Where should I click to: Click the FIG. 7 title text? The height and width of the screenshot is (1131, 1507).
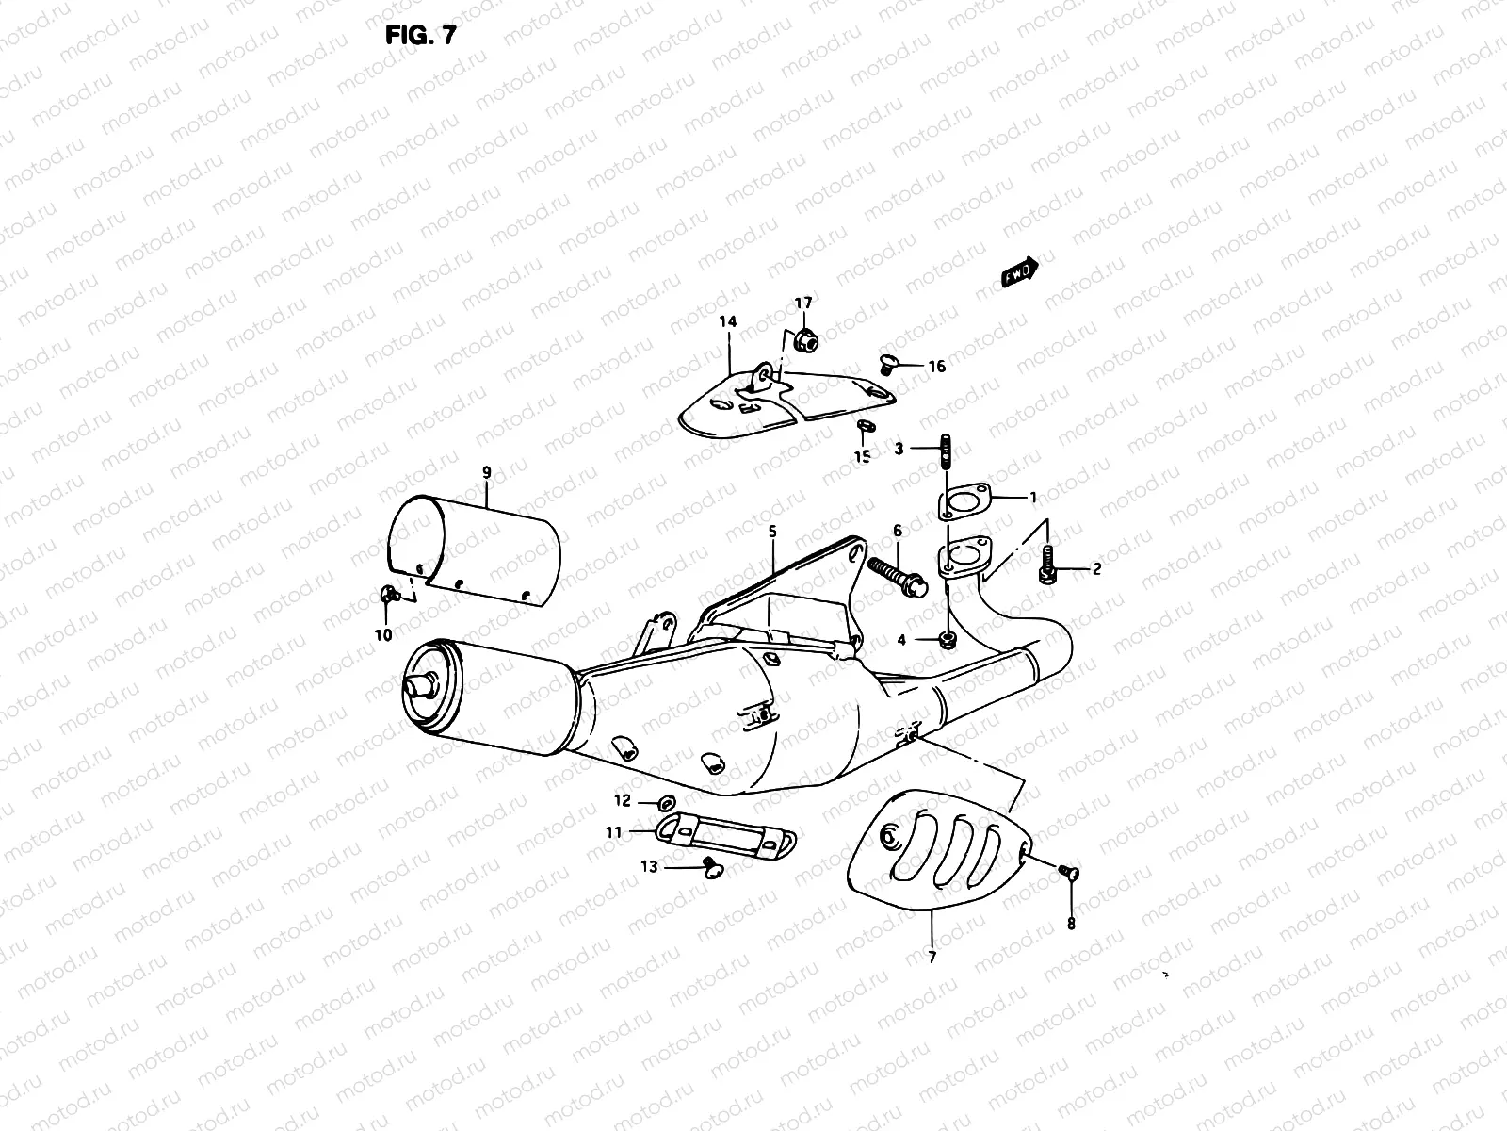coord(421,37)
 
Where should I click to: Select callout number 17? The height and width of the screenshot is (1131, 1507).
coord(802,303)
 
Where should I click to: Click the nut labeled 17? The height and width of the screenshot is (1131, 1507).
coord(805,340)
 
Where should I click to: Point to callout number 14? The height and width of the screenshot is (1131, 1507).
coord(727,322)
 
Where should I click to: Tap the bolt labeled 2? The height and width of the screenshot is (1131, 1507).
coord(1046,568)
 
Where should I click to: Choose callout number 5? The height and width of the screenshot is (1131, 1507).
coord(772,532)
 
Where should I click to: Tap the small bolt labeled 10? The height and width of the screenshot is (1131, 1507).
coord(387,594)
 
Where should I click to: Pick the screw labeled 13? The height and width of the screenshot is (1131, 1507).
coord(713,868)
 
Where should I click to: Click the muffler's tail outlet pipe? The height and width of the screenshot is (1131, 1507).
coord(417,680)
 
